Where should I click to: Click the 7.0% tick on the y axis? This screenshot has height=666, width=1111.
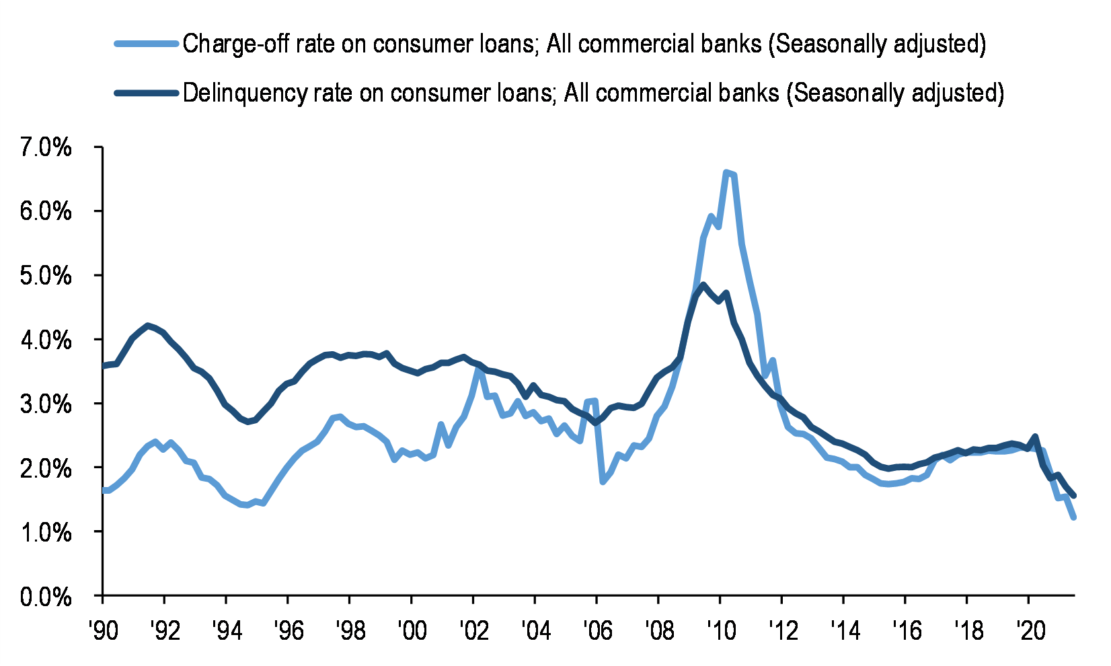click(x=46, y=147)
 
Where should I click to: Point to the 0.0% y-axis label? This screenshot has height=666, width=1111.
click(x=46, y=596)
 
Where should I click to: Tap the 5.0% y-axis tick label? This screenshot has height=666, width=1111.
click(x=46, y=276)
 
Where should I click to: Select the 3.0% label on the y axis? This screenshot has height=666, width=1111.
click(x=46, y=404)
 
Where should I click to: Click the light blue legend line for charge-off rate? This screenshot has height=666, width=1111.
click(x=147, y=44)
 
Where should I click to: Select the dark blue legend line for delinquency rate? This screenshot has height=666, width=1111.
click(x=147, y=93)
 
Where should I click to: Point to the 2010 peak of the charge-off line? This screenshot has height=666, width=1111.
click(x=726, y=173)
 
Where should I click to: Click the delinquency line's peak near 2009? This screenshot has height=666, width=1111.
click(x=703, y=285)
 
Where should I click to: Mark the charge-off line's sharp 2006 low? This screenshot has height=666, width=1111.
click(x=603, y=482)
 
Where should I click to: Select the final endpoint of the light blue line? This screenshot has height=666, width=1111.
click(x=1074, y=517)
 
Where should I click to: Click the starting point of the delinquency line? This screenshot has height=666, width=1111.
click(x=103, y=366)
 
